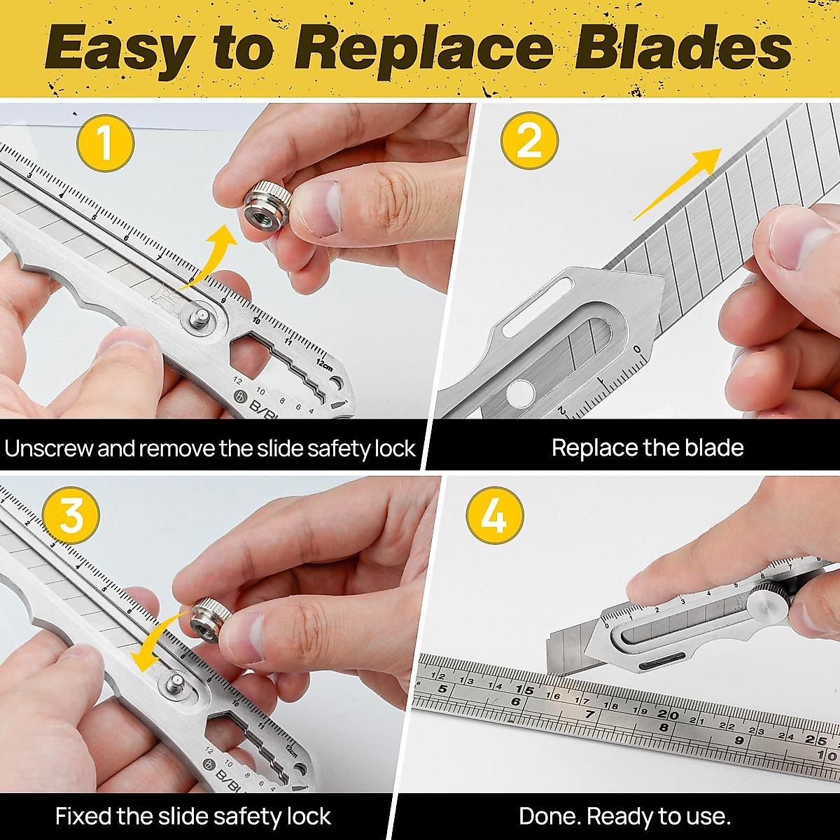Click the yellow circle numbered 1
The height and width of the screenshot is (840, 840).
[105, 143]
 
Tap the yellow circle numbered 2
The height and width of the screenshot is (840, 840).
[529, 140]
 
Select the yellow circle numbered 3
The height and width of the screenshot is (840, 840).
[71, 516]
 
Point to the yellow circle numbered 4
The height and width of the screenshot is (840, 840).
[495, 517]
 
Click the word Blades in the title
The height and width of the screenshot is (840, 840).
[682, 49]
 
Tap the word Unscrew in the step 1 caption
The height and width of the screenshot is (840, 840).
[48, 448]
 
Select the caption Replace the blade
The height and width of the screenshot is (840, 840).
[647, 448]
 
